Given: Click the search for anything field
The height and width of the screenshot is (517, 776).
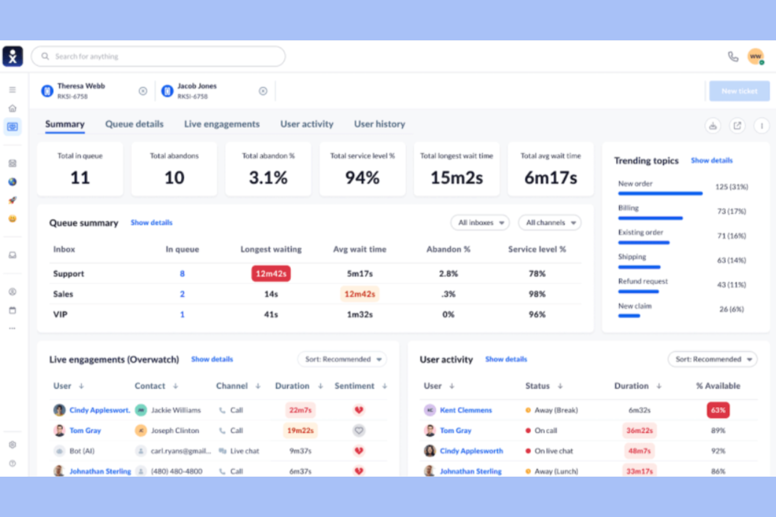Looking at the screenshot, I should click(157, 57).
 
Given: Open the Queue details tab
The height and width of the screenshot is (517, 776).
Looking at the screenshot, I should click(134, 124).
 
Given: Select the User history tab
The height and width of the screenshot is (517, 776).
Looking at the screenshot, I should click(379, 124).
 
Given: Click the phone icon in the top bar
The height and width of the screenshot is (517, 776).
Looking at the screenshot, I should click(733, 57).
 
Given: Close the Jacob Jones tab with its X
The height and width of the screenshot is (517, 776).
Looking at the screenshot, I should click(263, 91).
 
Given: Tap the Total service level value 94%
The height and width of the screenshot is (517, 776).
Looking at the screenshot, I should click(362, 178).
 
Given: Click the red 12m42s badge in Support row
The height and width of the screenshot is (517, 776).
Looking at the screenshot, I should click(271, 273).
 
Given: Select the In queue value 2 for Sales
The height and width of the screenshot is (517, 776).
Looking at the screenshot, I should click(182, 294).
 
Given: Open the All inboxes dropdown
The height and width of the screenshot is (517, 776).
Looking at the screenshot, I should click(480, 223).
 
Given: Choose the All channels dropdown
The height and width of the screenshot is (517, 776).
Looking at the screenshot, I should click(549, 223).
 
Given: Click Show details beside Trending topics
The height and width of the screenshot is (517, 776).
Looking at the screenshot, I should click(712, 160).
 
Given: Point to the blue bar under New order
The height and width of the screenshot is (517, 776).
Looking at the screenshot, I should click(660, 193).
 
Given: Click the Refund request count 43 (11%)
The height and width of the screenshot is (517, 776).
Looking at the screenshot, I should click(731, 284).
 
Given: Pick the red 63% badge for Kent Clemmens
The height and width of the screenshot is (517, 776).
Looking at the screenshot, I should click(718, 410).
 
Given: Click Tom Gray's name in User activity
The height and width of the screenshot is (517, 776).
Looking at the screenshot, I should click(455, 431).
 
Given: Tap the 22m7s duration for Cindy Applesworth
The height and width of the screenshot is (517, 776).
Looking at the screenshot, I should click(300, 410).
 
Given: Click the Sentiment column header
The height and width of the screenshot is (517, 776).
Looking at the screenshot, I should click(354, 386).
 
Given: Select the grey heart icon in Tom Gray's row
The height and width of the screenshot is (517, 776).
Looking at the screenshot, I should click(359, 431).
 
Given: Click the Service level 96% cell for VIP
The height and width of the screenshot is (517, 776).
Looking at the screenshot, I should click(537, 314).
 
